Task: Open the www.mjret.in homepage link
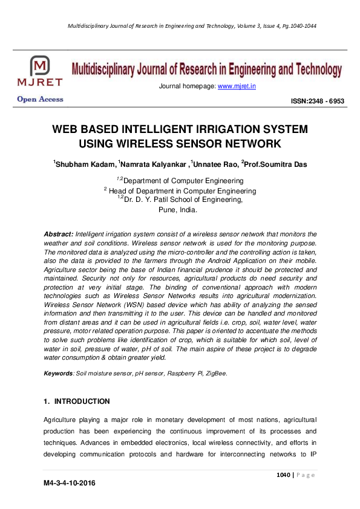pos(237,86)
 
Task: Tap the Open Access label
pos(40,99)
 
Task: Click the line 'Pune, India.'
pos(177,210)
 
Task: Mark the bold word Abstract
pos(59,233)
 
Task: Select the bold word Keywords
pos(59,374)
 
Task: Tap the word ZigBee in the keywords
pos(215,374)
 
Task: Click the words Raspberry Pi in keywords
pos(183,374)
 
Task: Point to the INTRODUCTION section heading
pos(82,401)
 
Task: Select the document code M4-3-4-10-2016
pos(70,484)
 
